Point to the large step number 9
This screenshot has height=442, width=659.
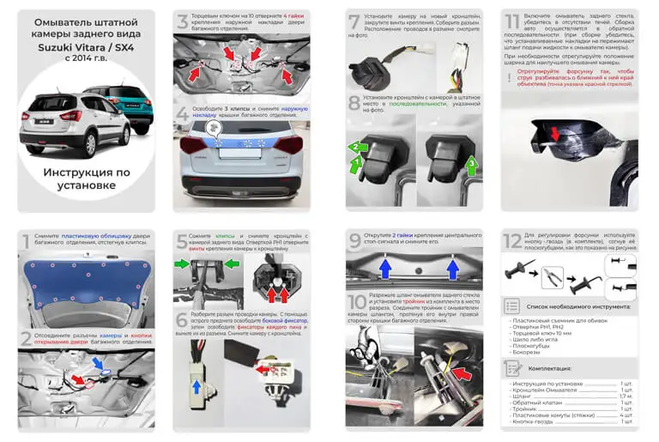[x=354, y=242]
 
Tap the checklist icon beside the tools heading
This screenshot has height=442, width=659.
[x=512, y=306]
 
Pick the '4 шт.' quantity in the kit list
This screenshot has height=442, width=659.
[x=625, y=415]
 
